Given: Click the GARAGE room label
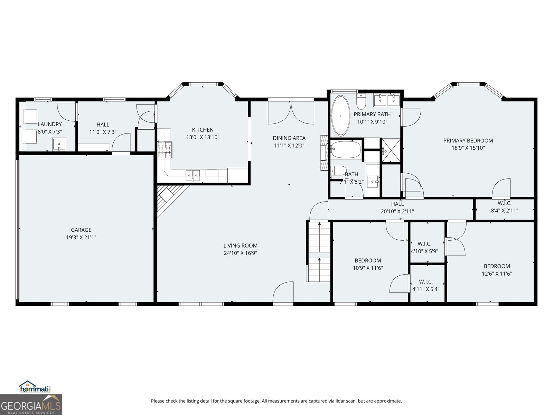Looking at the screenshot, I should [81, 230].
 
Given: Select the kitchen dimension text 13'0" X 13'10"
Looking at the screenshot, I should [203, 137].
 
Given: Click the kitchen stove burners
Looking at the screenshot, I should [165, 150].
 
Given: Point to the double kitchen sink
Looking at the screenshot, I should [192, 175].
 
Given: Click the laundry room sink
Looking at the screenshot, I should [59, 145].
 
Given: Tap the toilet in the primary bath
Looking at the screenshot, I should [362, 101].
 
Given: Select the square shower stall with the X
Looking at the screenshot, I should [391, 150].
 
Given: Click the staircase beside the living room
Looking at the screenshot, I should [319, 252].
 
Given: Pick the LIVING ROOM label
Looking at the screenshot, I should [240, 246].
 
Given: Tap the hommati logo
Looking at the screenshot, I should [35, 387].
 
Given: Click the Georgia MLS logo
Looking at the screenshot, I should [31, 405].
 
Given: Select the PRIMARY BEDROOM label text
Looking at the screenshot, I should [468, 141].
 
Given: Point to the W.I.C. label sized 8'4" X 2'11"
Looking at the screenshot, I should [504, 207].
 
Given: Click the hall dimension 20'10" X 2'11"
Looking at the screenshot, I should [397, 211].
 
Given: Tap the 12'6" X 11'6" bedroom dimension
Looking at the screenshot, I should [497, 274].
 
